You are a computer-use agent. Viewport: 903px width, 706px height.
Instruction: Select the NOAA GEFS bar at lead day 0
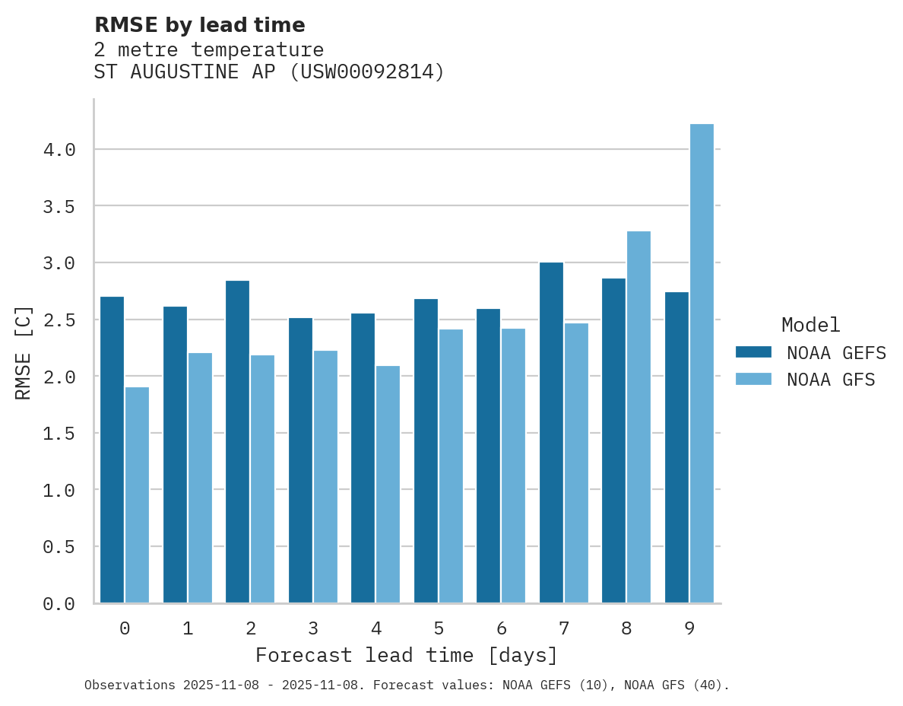pos(112,450)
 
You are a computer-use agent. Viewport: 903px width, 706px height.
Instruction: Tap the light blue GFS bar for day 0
pos(137,495)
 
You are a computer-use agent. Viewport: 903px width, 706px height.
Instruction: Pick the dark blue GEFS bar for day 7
pos(551,433)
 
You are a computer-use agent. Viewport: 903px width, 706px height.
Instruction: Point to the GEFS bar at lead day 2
pos(237,442)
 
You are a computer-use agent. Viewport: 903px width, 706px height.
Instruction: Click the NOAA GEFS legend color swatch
pos(753,352)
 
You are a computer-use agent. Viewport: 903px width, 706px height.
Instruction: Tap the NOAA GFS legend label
pos(831,380)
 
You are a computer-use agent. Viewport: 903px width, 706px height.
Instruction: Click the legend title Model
pos(810,326)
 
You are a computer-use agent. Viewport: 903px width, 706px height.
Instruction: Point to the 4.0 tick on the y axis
pos(59,150)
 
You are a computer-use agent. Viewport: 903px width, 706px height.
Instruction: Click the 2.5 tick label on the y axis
pos(59,320)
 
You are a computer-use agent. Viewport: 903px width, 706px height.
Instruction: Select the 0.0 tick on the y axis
pos(59,604)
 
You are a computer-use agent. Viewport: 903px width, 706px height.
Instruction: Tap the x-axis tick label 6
pos(501,628)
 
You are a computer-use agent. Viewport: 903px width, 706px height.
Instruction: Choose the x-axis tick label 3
pos(312,628)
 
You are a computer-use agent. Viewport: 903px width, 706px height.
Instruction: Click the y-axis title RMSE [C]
pos(24,352)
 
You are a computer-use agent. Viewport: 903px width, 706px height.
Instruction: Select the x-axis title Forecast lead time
pos(406,656)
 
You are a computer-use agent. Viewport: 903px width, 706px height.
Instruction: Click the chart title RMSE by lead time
pos(199,25)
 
